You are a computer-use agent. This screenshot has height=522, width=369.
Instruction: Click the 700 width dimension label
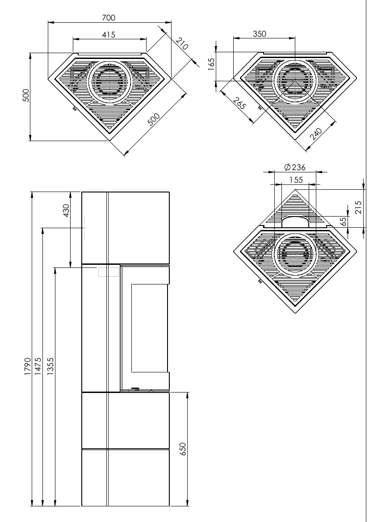109,18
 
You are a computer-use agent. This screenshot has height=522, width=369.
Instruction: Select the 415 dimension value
109,34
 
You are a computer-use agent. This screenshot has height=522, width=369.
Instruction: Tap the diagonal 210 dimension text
182,44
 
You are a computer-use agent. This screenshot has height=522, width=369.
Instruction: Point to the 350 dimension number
260,33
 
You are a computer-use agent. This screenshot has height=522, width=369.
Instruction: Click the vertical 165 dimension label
211,64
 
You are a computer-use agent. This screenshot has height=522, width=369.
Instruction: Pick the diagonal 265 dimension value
239,104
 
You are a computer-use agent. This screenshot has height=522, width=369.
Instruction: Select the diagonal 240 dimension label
316,134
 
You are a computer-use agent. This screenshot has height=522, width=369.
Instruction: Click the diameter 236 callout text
295,167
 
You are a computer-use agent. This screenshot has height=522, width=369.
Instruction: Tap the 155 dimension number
296,180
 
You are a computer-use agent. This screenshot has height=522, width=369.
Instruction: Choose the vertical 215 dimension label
358,207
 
